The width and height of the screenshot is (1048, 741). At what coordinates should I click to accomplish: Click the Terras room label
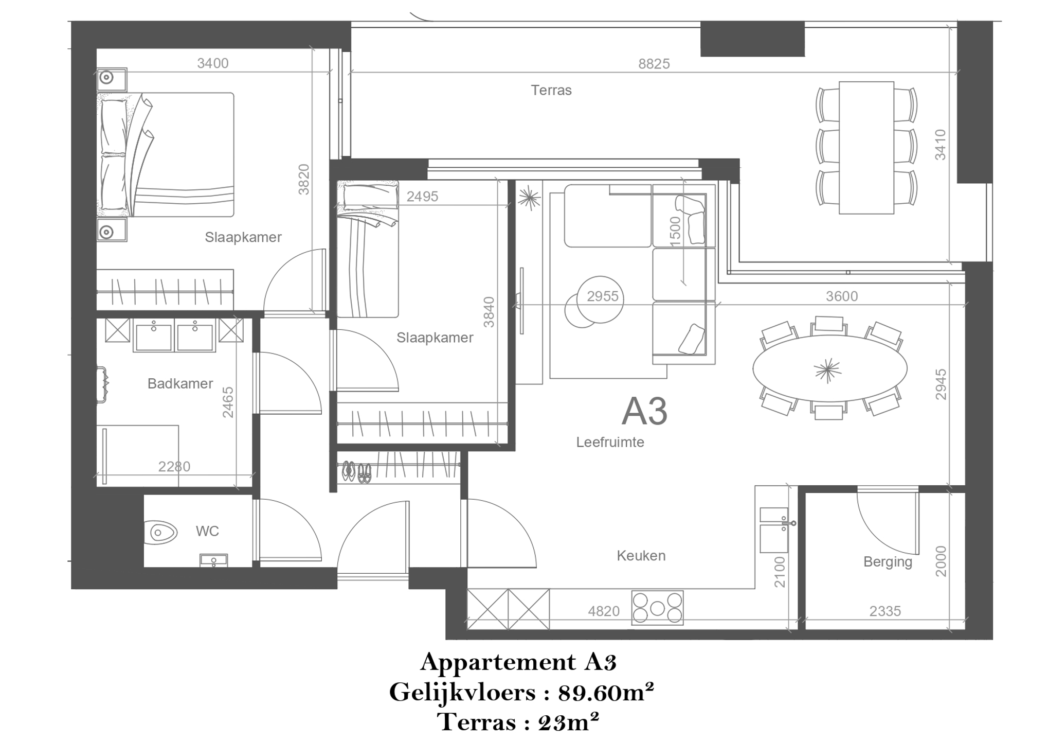(551, 91)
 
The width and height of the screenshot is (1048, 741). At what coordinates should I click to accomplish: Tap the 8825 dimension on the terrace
(654, 64)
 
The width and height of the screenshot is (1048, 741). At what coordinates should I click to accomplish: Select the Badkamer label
(180, 383)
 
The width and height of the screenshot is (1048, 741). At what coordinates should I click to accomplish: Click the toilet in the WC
(160, 532)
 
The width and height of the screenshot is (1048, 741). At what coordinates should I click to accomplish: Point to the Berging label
(888, 562)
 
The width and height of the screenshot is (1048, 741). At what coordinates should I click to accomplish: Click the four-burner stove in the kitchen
(658, 608)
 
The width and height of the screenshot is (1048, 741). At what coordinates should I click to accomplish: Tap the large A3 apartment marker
(644, 411)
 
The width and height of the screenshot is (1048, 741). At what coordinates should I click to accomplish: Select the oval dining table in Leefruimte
(829, 368)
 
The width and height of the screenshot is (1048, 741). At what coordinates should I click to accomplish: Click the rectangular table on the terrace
(866, 147)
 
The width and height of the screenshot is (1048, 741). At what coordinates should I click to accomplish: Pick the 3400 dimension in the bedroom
(213, 63)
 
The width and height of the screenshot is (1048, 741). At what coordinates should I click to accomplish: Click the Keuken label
(641, 556)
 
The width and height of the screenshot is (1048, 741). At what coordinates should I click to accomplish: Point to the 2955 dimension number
(603, 296)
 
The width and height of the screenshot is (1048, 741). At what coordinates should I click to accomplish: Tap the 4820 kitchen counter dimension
(604, 611)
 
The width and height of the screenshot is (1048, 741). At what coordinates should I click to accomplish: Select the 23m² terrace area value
(569, 722)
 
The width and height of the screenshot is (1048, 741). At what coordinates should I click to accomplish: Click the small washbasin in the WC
(213, 560)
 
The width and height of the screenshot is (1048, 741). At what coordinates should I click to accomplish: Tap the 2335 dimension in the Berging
(885, 611)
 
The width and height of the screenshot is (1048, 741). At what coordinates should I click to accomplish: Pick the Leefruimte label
(610, 443)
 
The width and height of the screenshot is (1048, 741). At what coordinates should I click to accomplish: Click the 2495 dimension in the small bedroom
(422, 197)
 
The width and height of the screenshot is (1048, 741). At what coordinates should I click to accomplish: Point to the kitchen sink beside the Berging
(774, 529)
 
